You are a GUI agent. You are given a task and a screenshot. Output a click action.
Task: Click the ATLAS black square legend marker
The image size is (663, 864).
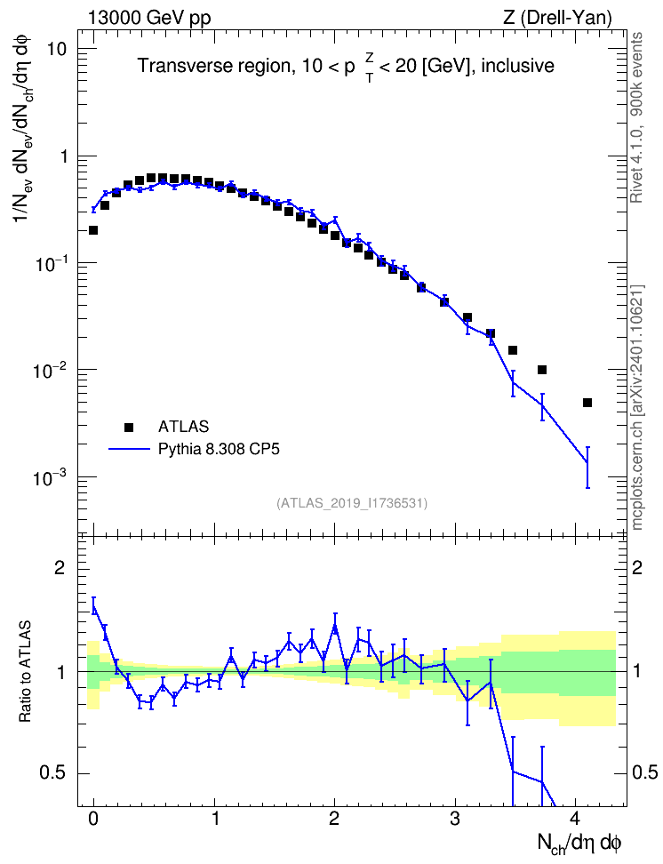click(x=129, y=427)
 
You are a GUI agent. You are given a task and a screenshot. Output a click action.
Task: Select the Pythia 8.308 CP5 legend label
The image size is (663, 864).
click(x=219, y=449)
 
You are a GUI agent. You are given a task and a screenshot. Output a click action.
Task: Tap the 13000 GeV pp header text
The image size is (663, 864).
click(x=149, y=18)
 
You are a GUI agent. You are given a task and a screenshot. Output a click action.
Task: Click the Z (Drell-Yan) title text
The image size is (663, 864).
click(x=557, y=18)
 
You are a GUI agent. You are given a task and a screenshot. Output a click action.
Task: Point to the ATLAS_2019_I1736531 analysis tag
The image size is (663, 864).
click(x=352, y=502)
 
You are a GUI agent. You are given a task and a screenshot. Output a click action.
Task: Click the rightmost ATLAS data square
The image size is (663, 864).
click(x=587, y=403)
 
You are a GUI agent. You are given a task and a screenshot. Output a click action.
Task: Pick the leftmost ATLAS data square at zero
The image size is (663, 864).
click(x=93, y=229)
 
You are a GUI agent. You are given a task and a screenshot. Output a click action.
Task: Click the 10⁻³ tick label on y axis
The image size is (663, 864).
click(x=50, y=477)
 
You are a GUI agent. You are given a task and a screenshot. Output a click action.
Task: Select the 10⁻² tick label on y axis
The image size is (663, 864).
click(x=50, y=370)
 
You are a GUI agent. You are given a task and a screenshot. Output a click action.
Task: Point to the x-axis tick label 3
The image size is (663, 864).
click(x=455, y=818)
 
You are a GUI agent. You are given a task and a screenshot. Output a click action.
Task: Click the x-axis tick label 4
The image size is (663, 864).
click(x=575, y=818)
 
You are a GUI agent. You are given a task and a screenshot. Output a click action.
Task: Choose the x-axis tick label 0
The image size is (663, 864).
click(x=93, y=818)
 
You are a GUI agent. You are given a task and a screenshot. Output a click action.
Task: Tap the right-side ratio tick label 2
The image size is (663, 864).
click(x=637, y=568)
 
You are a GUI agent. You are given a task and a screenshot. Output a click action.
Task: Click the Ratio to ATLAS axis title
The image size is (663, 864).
click(x=25, y=672)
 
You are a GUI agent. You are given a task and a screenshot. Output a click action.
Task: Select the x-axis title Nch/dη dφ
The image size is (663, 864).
click(x=579, y=844)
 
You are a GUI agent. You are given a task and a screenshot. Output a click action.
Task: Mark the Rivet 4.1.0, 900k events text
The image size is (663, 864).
click(x=636, y=117)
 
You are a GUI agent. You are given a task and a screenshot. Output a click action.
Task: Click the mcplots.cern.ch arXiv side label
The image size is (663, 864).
click(x=636, y=407)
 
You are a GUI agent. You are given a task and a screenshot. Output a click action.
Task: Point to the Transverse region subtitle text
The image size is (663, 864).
click(x=346, y=68)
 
